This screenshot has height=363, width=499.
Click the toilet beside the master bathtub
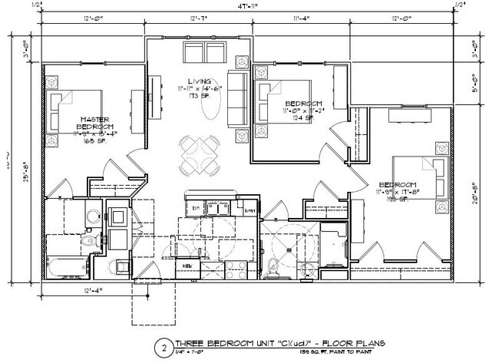(86, 243)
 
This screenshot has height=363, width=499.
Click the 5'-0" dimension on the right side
(477, 87)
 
